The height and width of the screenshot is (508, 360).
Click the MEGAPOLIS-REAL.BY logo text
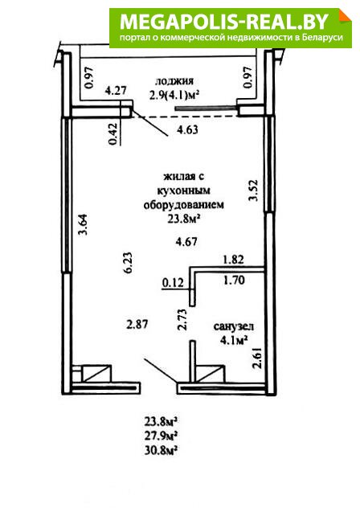pos(224,22)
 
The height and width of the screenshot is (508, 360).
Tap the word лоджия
pos(174,81)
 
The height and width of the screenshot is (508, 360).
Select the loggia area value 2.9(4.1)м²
pos(174,96)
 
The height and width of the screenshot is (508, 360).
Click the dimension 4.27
pos(116,90)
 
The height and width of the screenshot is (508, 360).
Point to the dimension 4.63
pos(187,129)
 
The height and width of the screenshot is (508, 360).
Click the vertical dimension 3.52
pos(253,190)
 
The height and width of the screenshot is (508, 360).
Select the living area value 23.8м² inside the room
pos(183,219)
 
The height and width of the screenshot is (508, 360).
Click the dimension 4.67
pos(186,241)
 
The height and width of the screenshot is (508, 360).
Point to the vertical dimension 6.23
pos(127,263)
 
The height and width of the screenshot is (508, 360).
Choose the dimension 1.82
pos(233,259)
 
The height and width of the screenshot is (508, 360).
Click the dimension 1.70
pos(234,280)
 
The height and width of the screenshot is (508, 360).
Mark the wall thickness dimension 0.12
pos(173,282)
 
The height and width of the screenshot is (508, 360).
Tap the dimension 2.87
pos(137,324)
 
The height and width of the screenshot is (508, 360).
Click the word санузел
pos(234,326)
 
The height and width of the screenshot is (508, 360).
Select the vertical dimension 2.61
pos(258,358)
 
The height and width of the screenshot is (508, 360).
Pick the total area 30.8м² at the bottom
pos(161,450)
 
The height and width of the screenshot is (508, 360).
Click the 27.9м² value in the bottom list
pos(161,436)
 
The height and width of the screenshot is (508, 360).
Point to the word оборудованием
pos(184,205)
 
